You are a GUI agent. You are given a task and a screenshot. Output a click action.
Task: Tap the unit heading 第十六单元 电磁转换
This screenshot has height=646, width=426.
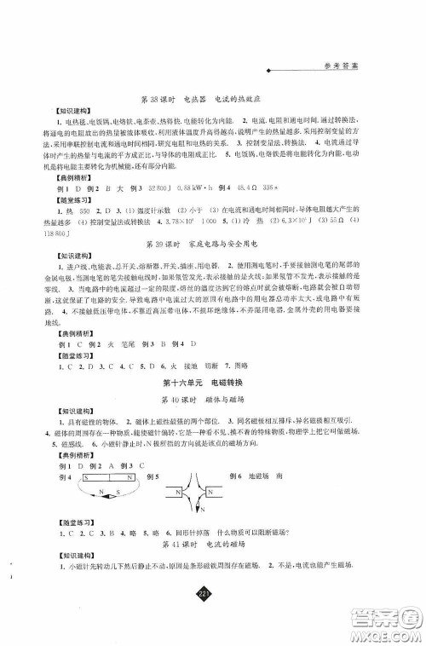[211, 381]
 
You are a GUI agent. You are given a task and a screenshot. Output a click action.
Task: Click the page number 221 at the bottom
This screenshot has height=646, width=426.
[212, 593]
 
